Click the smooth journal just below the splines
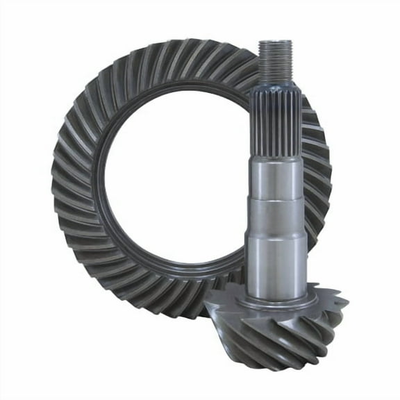click(x=277, y=177)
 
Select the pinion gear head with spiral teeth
click(x=278, y=326)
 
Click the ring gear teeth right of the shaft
click(x=316, y=174)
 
